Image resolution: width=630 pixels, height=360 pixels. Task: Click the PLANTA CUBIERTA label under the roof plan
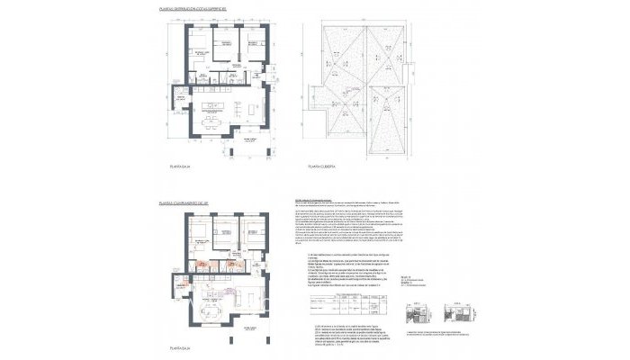321,166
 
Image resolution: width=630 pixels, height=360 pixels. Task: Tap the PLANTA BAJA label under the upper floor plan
180,166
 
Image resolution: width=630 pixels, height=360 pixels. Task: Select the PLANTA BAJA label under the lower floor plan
180,346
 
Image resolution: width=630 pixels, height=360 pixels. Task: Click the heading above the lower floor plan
183,204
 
